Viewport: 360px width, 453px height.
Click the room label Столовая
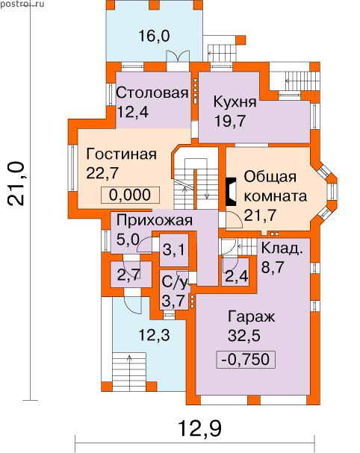pos(152,93)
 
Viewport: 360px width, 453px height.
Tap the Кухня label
pos(235,101)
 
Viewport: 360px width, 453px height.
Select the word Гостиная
pos(122,154)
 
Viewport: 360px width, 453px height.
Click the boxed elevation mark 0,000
pos(130,195)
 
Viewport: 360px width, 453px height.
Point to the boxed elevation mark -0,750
pos(246,360)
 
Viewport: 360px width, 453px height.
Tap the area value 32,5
pos(243,336)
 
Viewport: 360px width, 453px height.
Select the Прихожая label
pos(155,220)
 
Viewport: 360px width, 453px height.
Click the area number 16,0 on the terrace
pos(154,36)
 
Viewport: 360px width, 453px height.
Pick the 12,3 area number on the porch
pos(154,335)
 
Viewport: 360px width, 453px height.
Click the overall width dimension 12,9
pos(199,428)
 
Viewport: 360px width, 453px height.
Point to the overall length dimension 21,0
pos(15,184)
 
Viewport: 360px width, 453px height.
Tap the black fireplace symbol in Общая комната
pos(231,192)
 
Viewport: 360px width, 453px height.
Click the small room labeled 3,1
pos(174,249)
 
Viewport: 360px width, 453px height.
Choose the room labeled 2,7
pos(129,274)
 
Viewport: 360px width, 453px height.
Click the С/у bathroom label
pos(174,281)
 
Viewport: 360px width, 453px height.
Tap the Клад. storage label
pos(282,249)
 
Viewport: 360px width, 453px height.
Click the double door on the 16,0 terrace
pos(178,56)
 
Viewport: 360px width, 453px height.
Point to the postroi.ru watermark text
pos(22,4)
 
